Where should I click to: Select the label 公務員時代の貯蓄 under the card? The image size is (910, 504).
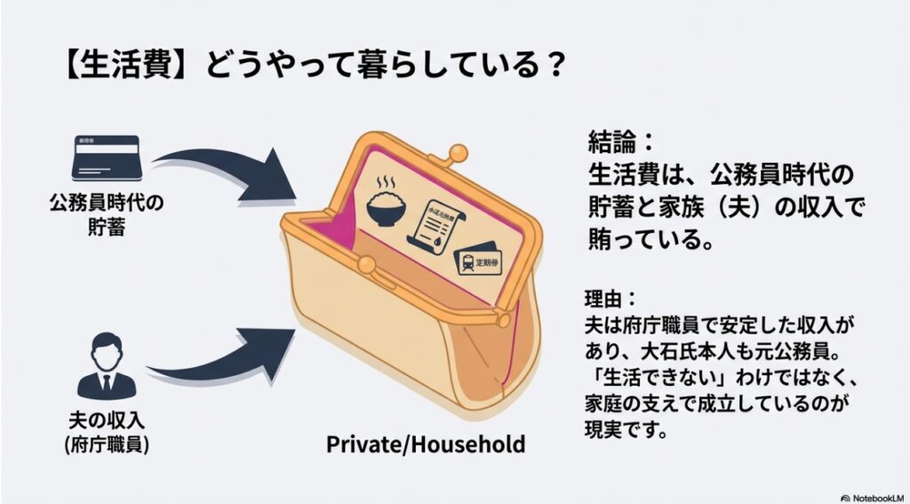(106, 216)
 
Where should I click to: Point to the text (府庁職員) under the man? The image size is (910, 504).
(106, 442)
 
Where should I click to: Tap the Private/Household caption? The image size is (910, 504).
(425, 443)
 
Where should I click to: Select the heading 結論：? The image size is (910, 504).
(619, 141)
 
